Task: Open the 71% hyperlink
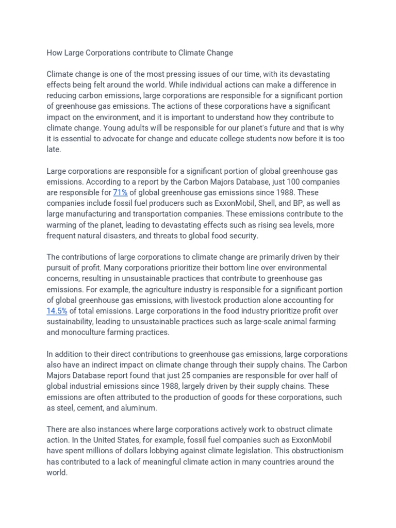pyautogui.click(x=120, y=192)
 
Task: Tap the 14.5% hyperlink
pyautogui.click(x=57, y=310)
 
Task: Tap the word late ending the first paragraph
pyautogui.click(x=54, y=150)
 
